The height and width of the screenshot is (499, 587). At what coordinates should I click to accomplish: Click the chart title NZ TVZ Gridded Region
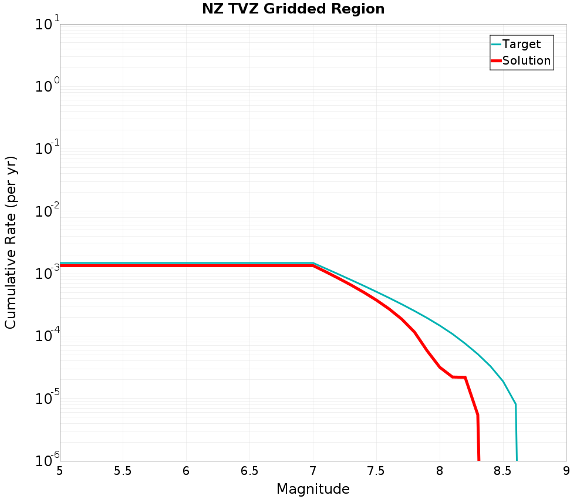pos(293,9)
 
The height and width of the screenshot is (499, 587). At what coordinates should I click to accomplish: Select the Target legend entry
pos(521,44)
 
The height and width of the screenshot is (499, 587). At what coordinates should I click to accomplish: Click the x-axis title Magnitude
pos(313,489)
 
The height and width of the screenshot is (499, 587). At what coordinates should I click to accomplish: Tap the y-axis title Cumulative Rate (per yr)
pos(11,242)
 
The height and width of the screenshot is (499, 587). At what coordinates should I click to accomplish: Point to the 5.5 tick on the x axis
pos(123,471)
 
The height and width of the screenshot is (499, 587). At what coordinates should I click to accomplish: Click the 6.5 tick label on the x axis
pos(249,471)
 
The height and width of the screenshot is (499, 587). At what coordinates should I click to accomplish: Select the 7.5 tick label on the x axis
pos(376,471)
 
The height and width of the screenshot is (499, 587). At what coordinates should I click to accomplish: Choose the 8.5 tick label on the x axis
pos(503,471)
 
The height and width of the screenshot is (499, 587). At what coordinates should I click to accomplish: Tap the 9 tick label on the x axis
pos(566,471)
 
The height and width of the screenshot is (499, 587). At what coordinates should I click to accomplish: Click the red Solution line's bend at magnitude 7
pos(313,266)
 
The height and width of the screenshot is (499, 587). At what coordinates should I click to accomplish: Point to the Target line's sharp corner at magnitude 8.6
pos(515,404)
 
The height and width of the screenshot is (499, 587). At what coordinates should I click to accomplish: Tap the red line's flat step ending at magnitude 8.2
pos(465,377)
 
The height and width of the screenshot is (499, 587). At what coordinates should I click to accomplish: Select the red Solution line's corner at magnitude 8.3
pos(478,415)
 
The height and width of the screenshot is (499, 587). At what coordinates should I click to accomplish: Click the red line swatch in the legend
pos(496,60)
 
